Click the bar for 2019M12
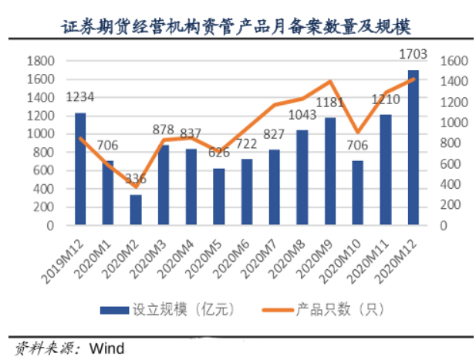[x=80, y=169]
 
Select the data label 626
[x=218, y=153]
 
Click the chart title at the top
[x=237, y=27]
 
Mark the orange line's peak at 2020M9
[x=330, y=81]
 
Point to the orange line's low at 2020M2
[x=136, y=187]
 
